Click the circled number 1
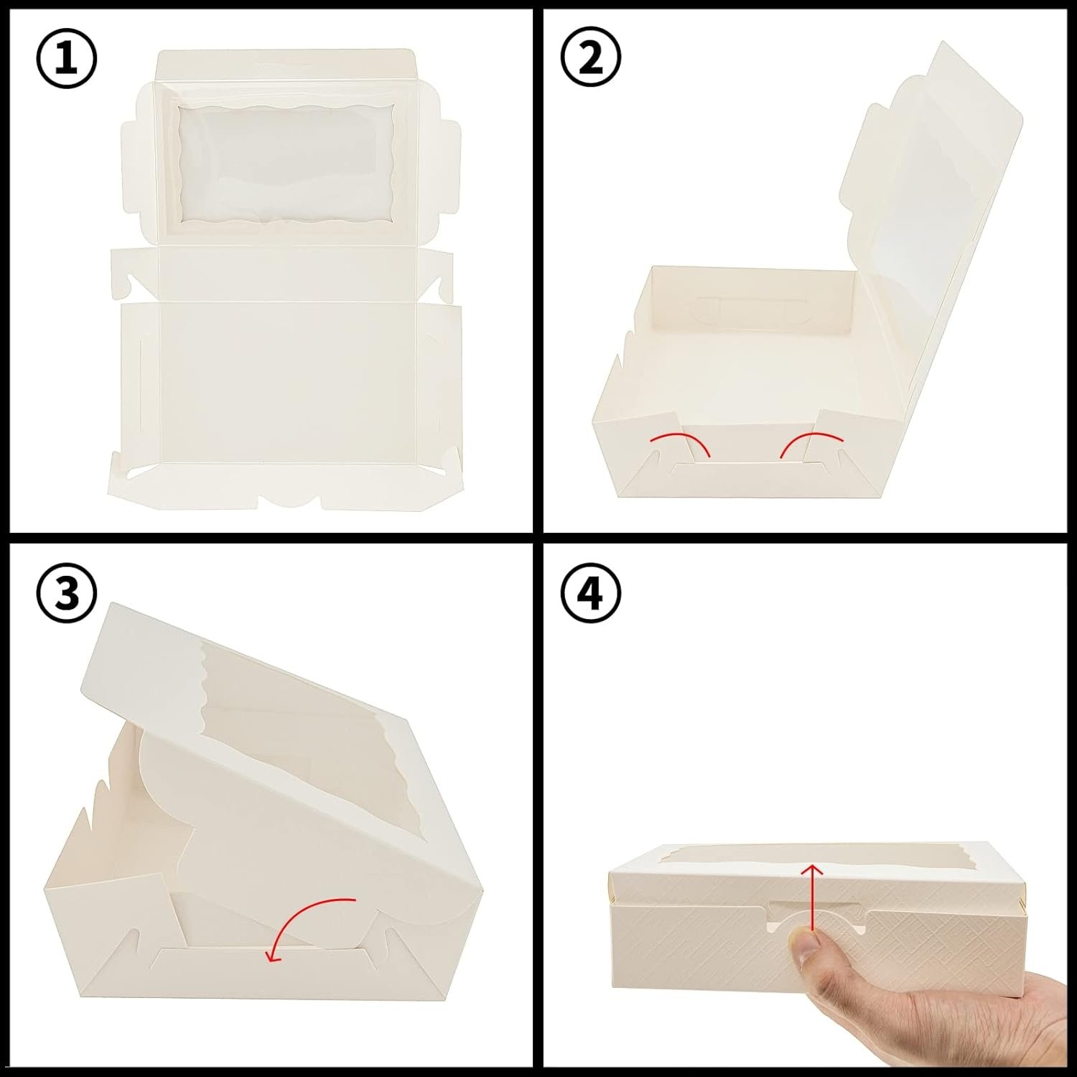click(x=65, y=60)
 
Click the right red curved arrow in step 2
click(x=811, y=441)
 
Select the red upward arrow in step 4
click(x=812, y=897)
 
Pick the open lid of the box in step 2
click(x=926, y=179)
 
